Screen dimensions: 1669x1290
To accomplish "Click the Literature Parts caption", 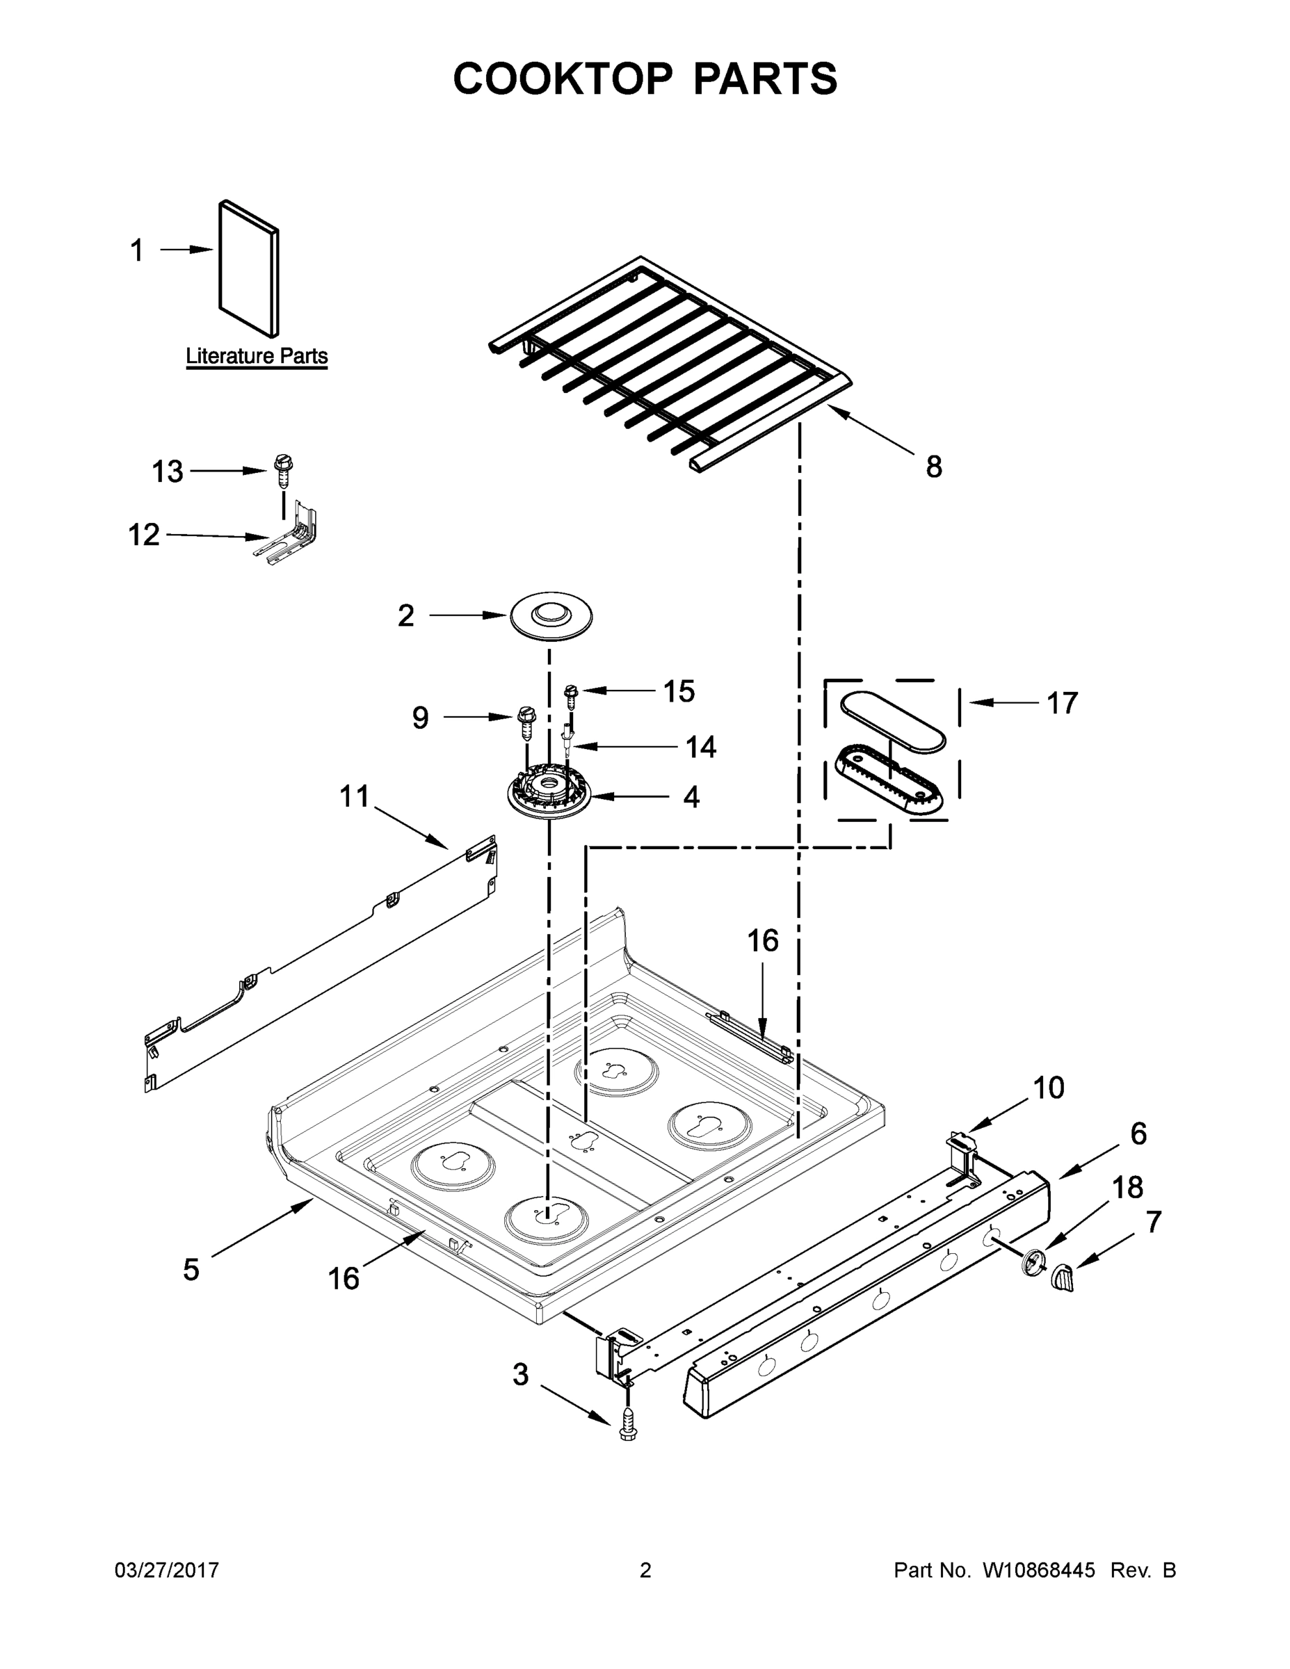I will (x=257, y=356).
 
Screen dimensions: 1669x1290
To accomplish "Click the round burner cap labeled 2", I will (x=550, y=615).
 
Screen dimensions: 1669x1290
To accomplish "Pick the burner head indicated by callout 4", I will (x=549, y=796).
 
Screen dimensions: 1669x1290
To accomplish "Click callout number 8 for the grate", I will (x=933, y=466).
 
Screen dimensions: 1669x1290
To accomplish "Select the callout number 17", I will (x=1061, y=702).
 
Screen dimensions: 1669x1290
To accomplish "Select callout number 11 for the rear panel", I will (x=354, y=796).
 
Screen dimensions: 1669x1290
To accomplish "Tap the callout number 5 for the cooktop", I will (x=191, y=1269).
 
